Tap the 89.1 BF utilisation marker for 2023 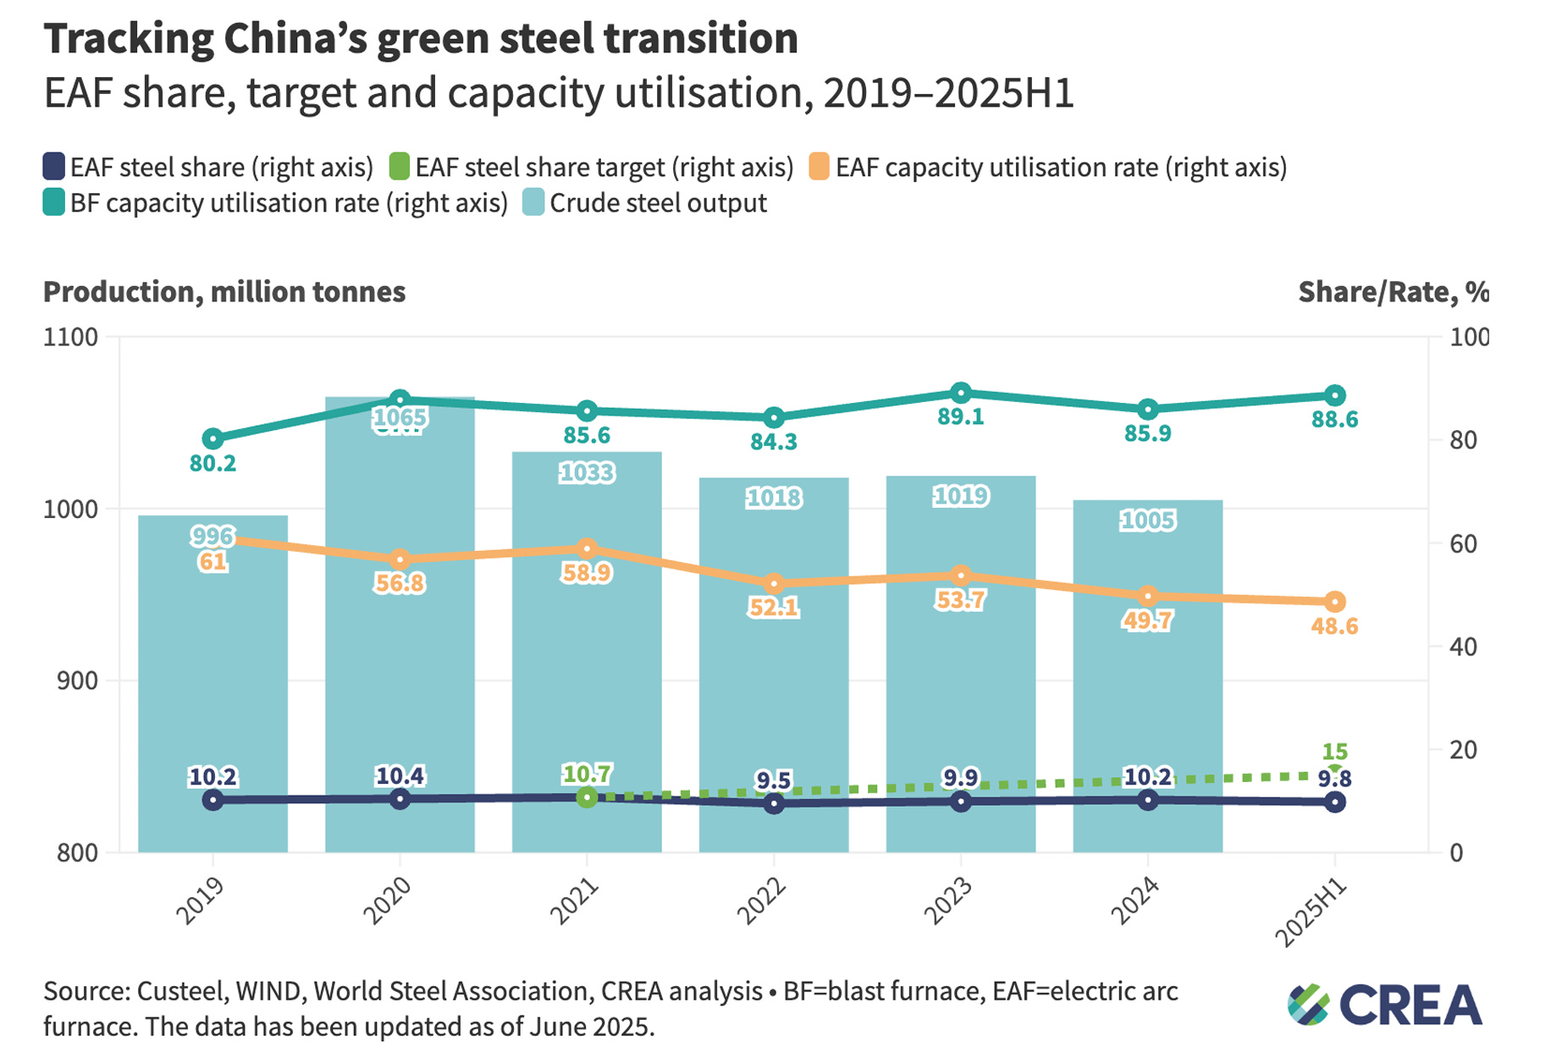pyautogui.click(x=960, y=393)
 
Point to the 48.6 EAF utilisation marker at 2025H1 pyautogui.click(x=1334, y=602)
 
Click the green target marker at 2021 pyautogui.click(x=587, y=797)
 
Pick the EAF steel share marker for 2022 pyautogui.click(x=774, y=803)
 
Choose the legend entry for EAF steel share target pyautogui.click(x=591, y=167)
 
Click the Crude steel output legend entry pyautogui.click(x=645, y=203)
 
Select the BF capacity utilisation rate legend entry pyautogui.click(x=276, y=203)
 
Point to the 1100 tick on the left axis pyautogui.click(x=70, y=337)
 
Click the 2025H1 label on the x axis pyautogui.click(x=1311, y=912)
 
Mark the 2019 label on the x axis pyautogui.click(x=200, y=901)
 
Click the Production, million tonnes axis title pyautogui.click(x=224, y=292)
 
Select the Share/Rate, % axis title pyautogui.click(x=1393, y=292)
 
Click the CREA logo pyautogui.click(x=1385, y=1005)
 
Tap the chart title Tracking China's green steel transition pyautogui.click(x=421, y=39)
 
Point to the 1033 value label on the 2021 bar pyautogui.click(x=587, y=472)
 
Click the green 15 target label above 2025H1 pyautogui.click(x=1334, y=752)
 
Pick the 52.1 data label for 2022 pyautogui.click(x=774, y=608)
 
